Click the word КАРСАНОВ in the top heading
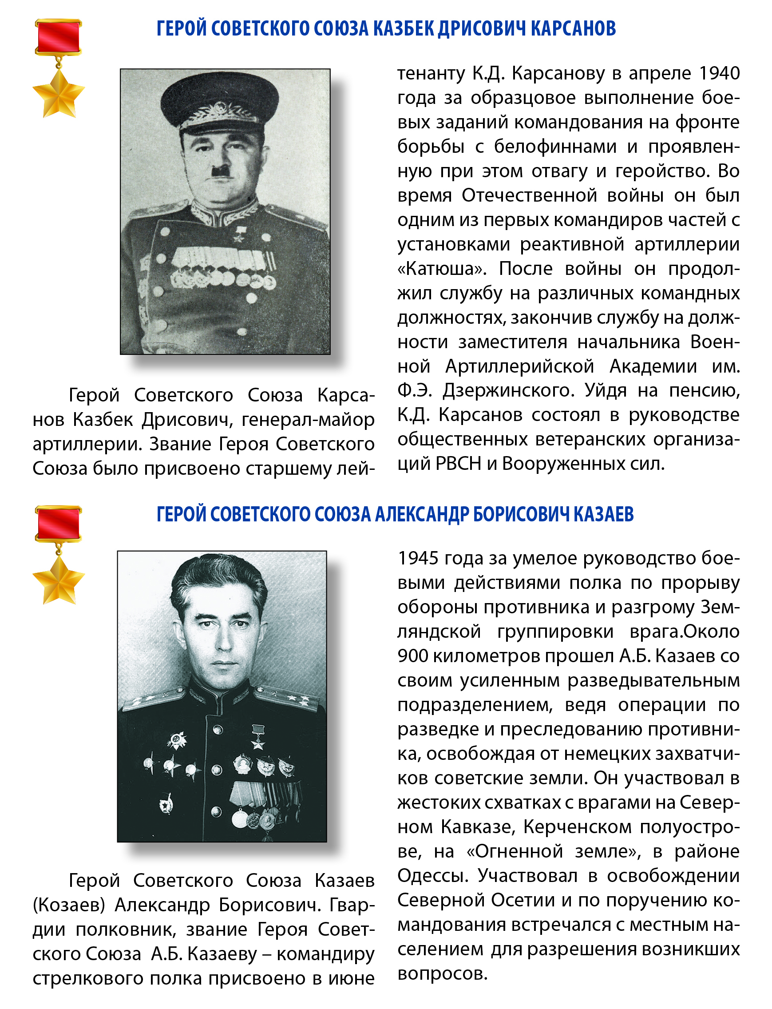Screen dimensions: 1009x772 573,28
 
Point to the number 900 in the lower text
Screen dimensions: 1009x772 413,656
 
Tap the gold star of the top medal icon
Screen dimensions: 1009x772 58,94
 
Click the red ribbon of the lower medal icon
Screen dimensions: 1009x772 58,524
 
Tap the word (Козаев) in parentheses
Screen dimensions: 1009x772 68,905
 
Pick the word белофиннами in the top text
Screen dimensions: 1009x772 555,147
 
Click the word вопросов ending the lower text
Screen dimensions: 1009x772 442,973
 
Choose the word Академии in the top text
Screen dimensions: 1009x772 653,366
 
